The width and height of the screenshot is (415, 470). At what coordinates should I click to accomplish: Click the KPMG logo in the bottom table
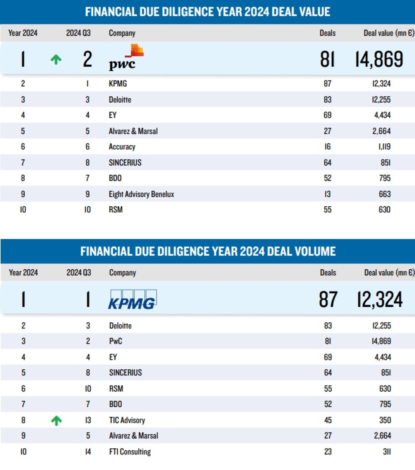(x=132, y=299)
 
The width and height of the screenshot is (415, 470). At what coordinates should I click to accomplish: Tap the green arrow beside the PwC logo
(x=56, y=59)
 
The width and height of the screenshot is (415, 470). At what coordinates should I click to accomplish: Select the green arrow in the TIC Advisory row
(x=56, y=421)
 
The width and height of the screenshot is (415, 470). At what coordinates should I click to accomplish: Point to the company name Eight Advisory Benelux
(x=141, y=194)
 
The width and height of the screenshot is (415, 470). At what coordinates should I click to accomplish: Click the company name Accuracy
(x=122, y=147)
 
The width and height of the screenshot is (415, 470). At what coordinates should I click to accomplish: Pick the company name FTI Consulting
(x=130, y=452)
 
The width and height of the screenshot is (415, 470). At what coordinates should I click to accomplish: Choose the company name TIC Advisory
(x=127, y=420)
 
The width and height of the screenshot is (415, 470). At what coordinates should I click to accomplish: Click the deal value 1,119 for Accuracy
(x=384, y=147)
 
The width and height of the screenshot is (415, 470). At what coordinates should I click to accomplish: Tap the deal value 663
(x=384, y=194)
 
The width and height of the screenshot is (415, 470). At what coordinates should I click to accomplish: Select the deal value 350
(x=385, y=420)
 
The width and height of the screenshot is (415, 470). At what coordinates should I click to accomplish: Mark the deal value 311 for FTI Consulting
(x=387, y=452)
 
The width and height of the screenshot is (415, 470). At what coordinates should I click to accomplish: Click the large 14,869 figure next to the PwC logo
(x=379, y=59)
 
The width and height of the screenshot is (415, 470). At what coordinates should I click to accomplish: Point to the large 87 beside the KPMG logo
(x=328, y=299)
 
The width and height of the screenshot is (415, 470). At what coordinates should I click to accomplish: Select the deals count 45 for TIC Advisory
(x=328, y=420)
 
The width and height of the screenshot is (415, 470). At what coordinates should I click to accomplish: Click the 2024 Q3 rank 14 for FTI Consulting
(x=88, y=452)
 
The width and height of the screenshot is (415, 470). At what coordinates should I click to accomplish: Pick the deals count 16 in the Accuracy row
(x=327, y=147)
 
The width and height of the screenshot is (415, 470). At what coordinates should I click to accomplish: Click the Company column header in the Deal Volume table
(x=122, y=272)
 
